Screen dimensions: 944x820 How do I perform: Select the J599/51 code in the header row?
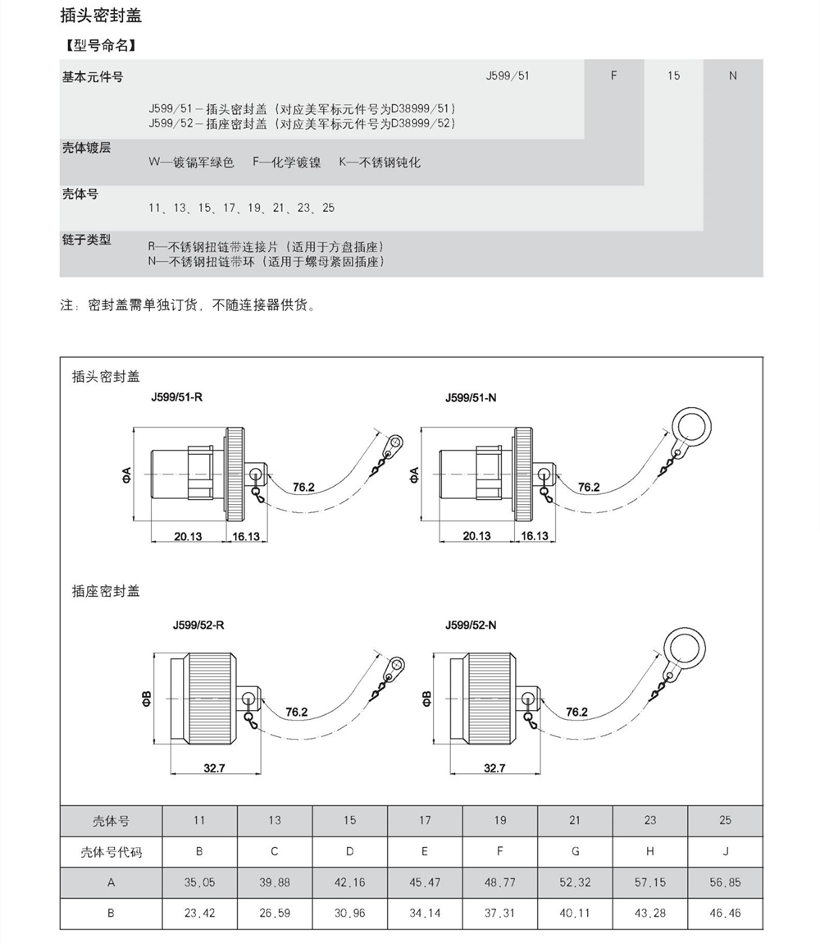(x=507, y=76)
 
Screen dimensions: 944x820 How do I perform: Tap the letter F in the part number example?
(x=613, y=76)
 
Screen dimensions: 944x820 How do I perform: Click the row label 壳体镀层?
(x=86, y=148)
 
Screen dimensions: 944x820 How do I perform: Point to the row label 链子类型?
(x=86, y=241)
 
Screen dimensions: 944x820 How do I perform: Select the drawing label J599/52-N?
(x=471, y=626)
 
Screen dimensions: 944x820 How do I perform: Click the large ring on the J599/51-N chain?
(x=690, y=424)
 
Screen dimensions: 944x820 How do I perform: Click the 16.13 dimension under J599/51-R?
(x=246, y=536)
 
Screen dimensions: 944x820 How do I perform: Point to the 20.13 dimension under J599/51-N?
(x=476, y=536)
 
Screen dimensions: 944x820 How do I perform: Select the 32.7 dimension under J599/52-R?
(x=215, y=768)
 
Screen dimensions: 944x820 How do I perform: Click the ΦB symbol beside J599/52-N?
(x=426, y=699)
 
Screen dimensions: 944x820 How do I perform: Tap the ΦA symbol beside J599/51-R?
(x=125, y=474)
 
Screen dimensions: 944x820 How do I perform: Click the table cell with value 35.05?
(x=199, y=882)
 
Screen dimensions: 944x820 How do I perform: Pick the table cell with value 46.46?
(x=725, y=913)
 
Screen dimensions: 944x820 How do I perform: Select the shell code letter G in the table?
(x=575, y=851)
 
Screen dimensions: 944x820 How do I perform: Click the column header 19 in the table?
(x=500, y=820)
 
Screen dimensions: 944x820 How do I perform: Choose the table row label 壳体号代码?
(x=111, y=851)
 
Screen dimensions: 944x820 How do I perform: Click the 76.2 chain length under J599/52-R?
(x=297, y=712)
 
